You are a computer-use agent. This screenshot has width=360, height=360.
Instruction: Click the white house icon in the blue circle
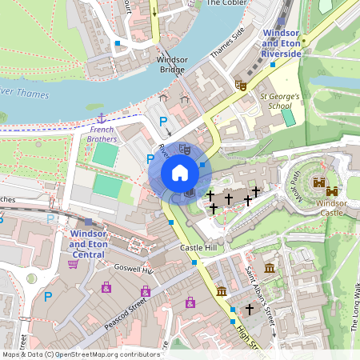pos(180,173)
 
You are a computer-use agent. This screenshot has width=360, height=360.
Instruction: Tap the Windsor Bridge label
pos(170,65)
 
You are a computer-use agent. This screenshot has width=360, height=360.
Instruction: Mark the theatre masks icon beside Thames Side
pos(239,83)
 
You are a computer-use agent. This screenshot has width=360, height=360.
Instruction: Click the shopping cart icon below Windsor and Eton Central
pos(73,264)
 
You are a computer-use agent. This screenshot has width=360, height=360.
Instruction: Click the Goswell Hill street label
pos(133,270)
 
